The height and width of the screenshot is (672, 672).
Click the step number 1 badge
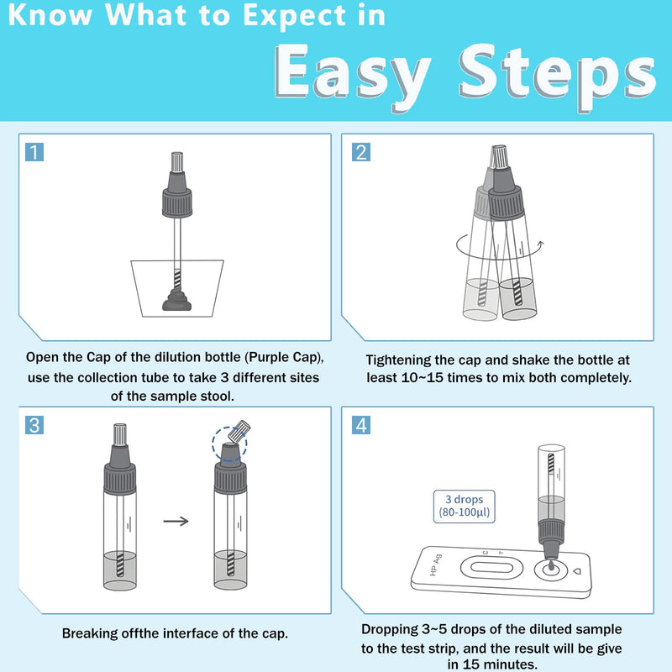point(34,152)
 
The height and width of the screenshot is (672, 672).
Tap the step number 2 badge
point(361,152)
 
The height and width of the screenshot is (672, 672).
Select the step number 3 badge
point(34,425)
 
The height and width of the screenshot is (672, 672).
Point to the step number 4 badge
point(361,425)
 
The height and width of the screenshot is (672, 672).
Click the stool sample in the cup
point(176,300)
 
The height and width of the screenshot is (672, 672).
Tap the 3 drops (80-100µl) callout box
point(465,507)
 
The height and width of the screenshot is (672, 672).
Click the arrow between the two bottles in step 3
point(176,521)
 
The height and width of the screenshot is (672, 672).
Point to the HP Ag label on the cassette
point(435,564)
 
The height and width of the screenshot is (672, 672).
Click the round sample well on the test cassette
point(551,570)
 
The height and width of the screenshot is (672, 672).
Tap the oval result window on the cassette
point(491,568)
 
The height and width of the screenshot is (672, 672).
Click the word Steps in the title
point(557,75)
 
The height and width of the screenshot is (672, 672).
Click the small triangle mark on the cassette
point(576,571)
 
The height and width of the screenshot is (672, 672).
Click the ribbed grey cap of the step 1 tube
point(177,202)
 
